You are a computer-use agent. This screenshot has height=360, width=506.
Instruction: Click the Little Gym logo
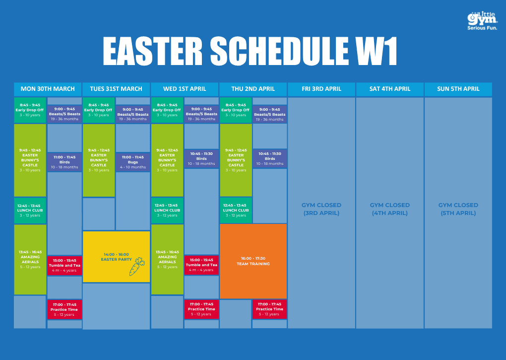482,21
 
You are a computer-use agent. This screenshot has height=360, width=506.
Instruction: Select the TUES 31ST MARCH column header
116,89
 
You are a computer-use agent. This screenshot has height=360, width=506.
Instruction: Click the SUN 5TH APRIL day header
458,89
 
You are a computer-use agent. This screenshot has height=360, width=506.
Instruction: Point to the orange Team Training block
253,261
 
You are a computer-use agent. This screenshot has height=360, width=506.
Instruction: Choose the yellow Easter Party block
116,257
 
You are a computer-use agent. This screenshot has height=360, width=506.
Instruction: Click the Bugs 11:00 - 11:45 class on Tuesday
132,162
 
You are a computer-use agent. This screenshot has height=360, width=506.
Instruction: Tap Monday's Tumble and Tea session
64,265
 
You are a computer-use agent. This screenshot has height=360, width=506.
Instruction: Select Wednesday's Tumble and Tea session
201,265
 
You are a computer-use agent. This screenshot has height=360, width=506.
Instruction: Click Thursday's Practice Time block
269,309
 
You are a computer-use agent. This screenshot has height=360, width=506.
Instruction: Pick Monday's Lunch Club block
30,211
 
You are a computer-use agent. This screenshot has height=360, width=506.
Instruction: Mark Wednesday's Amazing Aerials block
167,259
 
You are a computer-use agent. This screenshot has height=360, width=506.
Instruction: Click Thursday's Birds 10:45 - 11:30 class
270,158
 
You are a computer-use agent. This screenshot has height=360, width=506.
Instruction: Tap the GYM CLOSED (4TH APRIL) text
390,209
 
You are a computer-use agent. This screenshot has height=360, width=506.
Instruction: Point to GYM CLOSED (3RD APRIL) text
321,209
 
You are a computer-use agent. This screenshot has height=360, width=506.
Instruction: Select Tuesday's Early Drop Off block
98,110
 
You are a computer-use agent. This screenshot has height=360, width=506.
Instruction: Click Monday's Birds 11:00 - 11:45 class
64,162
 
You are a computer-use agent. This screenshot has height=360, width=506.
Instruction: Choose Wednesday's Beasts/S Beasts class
201,114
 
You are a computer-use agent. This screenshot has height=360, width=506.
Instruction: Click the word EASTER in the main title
152,51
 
